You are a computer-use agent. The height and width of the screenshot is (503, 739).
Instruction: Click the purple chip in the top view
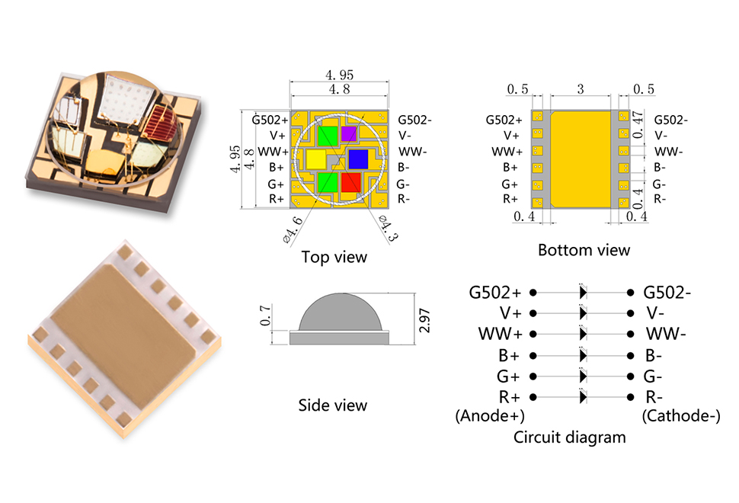[x=348, y=133]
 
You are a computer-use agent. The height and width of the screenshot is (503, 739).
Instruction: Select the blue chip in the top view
[x=358, y=159]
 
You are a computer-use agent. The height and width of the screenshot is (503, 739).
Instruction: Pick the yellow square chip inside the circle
[x=315, y=159]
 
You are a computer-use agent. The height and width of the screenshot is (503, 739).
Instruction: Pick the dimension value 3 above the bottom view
[x=580, y=89]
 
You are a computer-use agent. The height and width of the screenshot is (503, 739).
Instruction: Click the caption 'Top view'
[x=334, y=257]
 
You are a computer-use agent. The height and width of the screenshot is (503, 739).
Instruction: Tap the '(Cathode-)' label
[x=679, y=416]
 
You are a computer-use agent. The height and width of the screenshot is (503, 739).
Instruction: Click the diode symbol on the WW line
[x=583, y=334]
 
